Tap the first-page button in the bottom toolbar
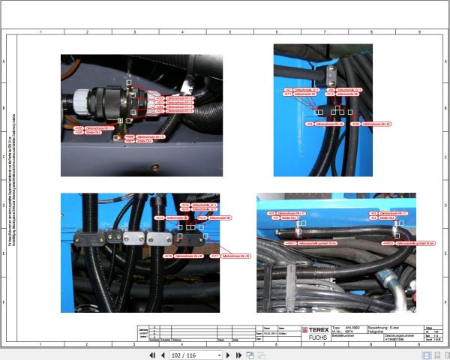pyautogui.click(x=152, y=355)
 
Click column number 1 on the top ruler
pyautogui.click(x=39, y=32)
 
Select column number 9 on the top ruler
pyautogui.click(x=418, y=32)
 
